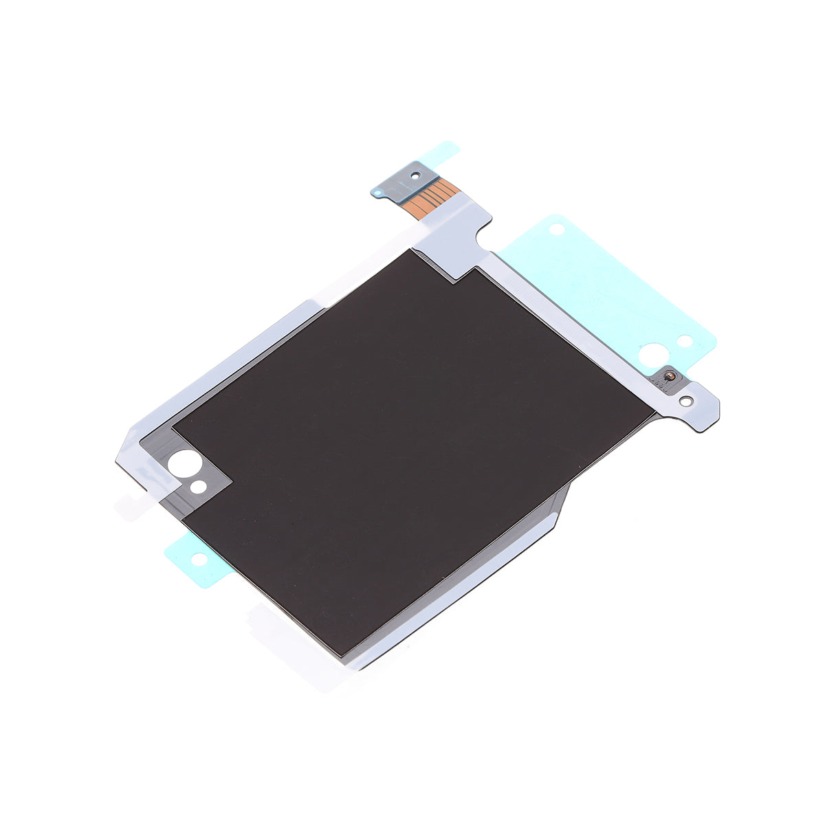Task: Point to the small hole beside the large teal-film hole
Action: pyautogui.click(x=684, y=340)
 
